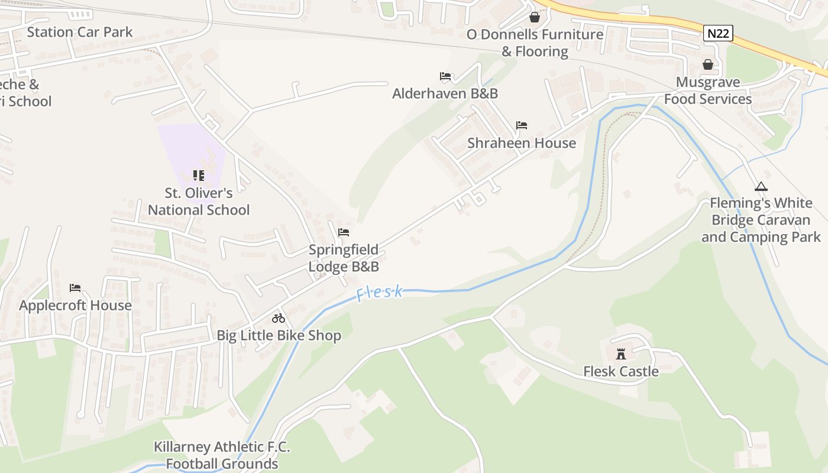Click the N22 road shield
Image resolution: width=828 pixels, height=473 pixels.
click(718, 33)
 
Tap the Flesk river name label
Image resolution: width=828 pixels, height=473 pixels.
click(380, 293)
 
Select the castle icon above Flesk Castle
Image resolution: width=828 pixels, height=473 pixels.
click(621, 354)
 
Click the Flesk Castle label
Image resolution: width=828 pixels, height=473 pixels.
click(621, 371)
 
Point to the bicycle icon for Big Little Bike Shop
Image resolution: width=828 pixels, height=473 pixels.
click(279, 318)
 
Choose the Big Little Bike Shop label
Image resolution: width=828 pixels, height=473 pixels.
click(279, 335)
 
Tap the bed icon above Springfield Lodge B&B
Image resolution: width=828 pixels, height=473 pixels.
click(344, 232)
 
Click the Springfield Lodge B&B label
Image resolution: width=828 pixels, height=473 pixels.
click(344, 258)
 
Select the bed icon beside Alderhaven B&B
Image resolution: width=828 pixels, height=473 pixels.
click(445, 76)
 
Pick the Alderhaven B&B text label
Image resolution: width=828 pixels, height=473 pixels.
click(445, 93)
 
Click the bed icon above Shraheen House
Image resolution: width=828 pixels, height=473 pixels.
click(521, 125)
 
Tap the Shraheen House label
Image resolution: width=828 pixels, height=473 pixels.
click(521, 143)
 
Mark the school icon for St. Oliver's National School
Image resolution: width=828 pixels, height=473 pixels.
click(199, 176)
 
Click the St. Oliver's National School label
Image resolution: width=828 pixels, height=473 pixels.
click(199, 201)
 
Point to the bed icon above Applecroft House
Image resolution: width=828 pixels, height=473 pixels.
click(75, 288)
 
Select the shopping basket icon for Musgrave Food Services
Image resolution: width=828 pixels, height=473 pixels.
click(707, 64)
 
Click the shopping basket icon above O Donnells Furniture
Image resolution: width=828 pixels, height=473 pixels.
click(535, 17)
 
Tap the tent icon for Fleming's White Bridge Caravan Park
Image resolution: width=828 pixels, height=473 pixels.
click(761, 187)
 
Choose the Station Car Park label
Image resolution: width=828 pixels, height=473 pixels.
click(80, 32)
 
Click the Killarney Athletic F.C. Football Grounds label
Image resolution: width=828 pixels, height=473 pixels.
click(222, 455)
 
